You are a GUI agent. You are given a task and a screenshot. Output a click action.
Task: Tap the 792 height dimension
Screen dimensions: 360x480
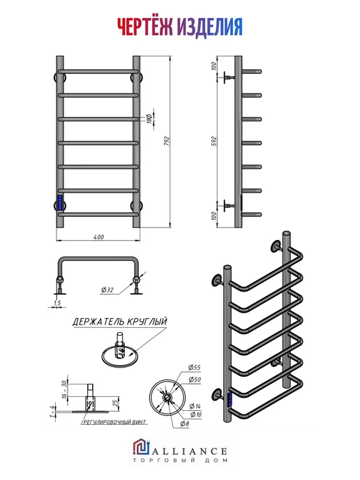pos(167,141)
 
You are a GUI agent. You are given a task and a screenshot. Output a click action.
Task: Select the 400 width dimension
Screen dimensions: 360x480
pos(98,237)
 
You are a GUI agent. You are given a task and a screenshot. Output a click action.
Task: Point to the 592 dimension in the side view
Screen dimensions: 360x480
pos(214,141)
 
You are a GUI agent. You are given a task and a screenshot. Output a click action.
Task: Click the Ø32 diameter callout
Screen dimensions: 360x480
pos(107,290)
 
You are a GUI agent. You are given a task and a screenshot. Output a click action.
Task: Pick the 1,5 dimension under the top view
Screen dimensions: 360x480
pos(57,303)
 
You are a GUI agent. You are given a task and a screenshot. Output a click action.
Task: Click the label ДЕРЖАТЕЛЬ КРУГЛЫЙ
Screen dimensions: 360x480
pos(120,322)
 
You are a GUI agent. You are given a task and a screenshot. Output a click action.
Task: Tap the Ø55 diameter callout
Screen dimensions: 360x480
pos(195,368)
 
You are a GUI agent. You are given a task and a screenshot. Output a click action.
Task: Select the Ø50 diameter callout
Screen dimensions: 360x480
pos(195,380)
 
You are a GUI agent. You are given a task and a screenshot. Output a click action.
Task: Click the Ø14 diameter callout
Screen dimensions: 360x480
pos(195,406)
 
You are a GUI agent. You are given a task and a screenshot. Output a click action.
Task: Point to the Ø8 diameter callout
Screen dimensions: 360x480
pos(185,424)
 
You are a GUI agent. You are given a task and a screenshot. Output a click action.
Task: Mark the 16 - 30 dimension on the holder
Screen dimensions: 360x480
pos(64,389)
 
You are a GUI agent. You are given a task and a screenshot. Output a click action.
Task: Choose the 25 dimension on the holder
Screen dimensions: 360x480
pos(116,403)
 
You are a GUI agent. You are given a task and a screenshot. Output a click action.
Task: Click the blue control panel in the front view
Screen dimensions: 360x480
pos(60,202)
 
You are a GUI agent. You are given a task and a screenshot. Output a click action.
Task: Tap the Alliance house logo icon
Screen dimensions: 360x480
pos(141,447)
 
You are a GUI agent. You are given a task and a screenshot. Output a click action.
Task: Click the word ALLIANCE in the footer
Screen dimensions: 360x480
pos(190,451)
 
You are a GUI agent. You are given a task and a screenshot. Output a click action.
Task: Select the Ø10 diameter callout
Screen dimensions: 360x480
pos(196,414)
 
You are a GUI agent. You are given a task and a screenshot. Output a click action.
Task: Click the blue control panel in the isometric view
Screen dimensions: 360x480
pos(231,400)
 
